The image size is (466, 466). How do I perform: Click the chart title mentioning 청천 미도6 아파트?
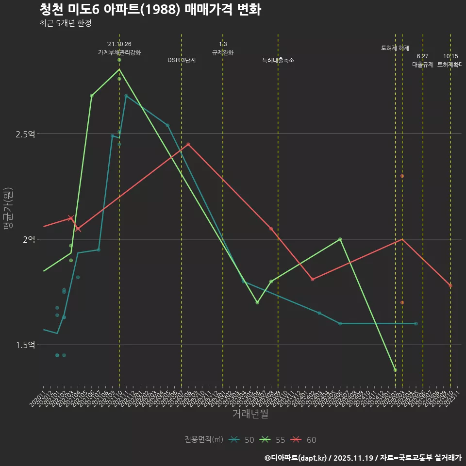coord(150,10)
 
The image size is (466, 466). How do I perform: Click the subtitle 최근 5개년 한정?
coord(65,23)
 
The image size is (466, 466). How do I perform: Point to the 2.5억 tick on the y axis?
coord(26,134)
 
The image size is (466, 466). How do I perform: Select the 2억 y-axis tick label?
coord(29,239)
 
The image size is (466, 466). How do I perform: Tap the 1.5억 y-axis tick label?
coord(26,345)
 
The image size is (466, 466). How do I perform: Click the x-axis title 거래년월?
coord(250,414)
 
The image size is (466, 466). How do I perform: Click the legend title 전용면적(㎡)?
coord(204,440)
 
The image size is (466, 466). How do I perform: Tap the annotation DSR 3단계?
coord(182,60)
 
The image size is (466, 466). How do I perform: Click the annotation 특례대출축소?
coord(278,60)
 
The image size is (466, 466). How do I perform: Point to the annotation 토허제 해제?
coord(395,48)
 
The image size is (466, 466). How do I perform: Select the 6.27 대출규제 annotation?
coord(423,60)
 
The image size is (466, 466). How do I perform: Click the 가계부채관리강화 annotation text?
coord(119,52)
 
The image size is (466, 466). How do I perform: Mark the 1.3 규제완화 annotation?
coord(223,48)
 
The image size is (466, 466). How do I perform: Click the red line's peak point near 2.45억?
coord(188,144)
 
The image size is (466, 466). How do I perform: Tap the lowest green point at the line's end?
coord(395,370)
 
